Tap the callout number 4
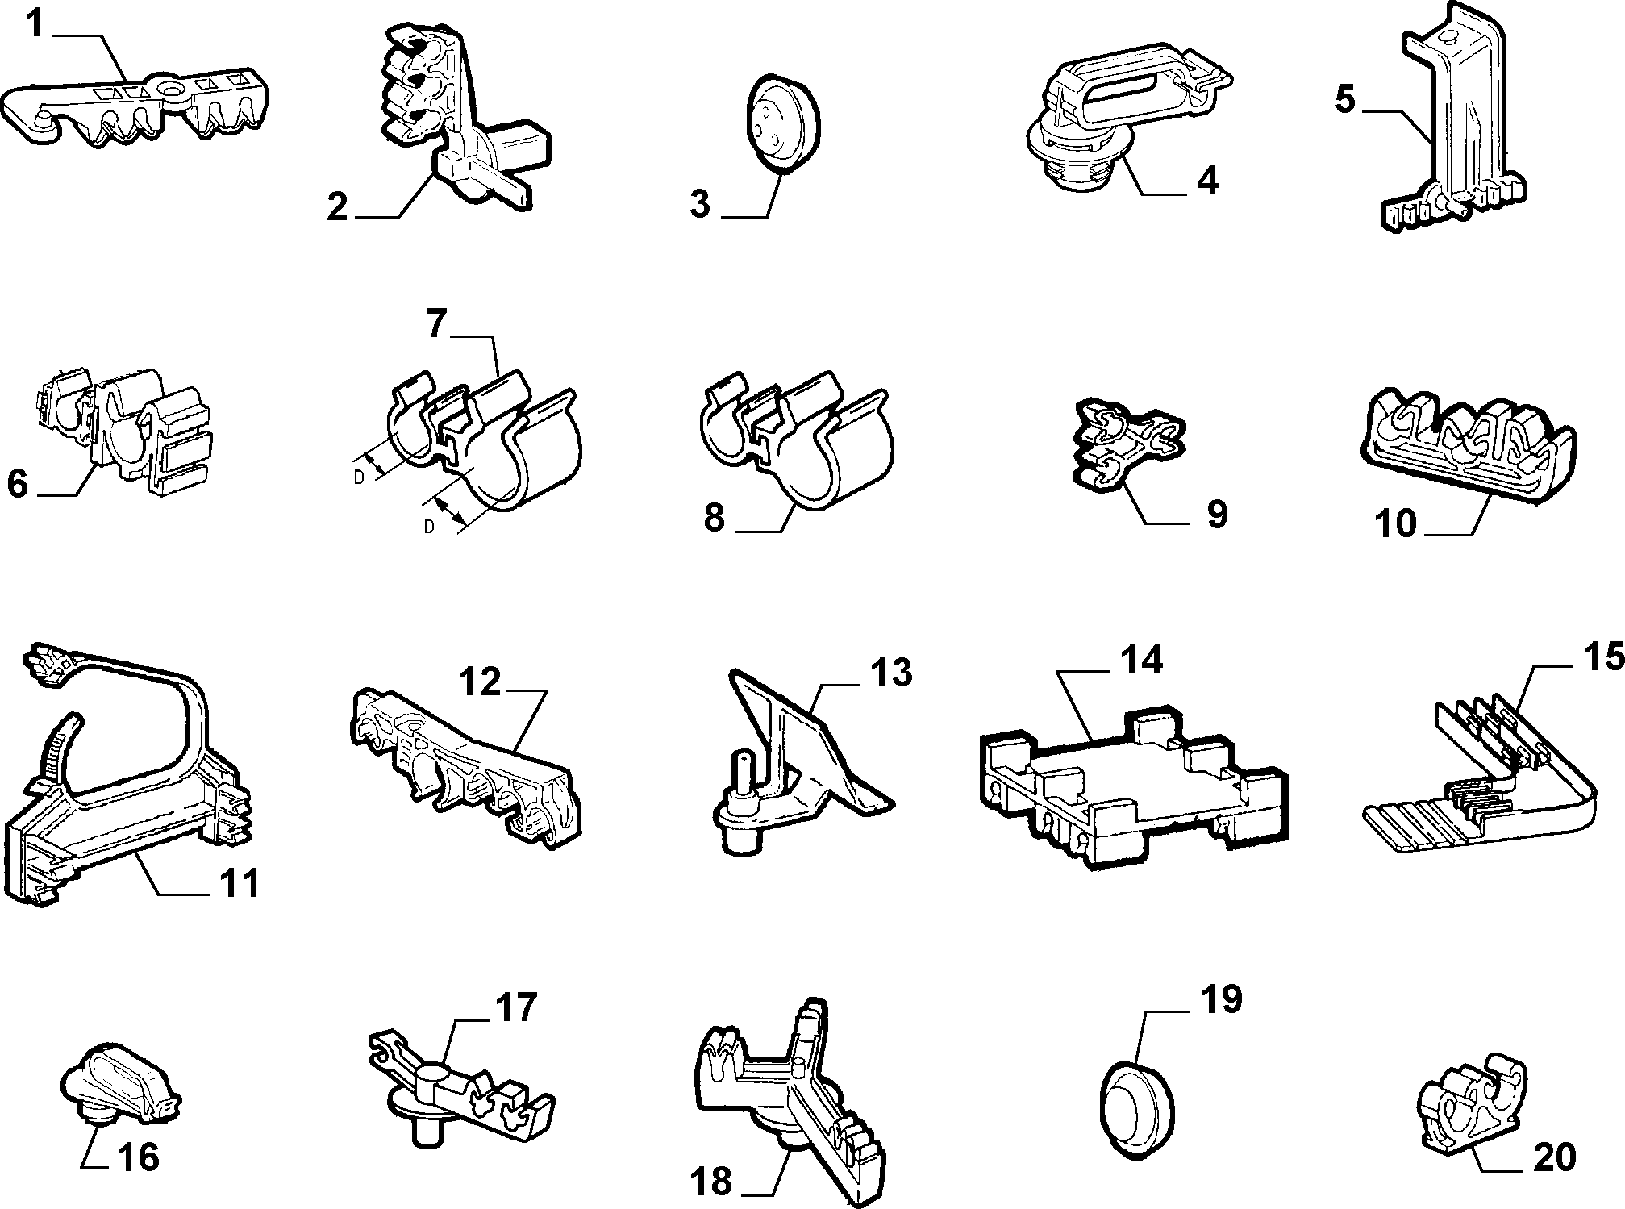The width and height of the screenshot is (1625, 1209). coord(1206,179)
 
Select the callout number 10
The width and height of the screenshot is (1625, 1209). coord(1397,523)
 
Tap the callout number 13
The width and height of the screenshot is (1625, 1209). coord(890,673)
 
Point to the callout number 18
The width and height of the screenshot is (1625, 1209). coord(710,1182)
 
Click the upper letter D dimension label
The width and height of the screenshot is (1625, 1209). coord(359,477)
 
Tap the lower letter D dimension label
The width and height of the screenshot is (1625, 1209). coord(429,527)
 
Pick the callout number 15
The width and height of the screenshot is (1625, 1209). coord(1603,657)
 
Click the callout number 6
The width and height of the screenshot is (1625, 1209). coord(18,485)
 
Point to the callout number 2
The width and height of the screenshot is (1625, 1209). coord(338,207)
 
